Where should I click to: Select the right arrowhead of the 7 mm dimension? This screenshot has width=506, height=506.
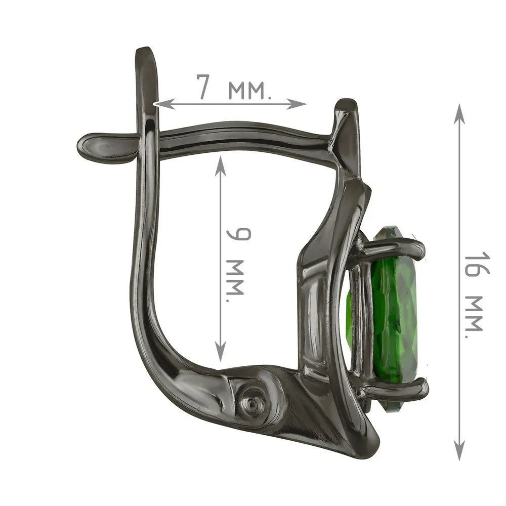(297, 104)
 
